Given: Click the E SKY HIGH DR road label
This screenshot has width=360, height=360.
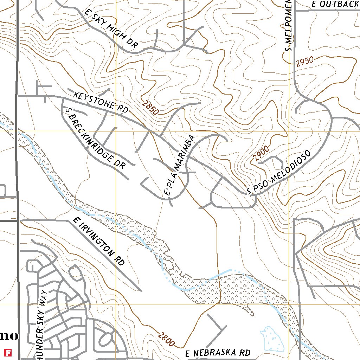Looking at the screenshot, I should (111, 29).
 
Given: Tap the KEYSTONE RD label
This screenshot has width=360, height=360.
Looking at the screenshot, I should (101, 103).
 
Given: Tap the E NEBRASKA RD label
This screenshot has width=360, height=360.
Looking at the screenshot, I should (218, 353).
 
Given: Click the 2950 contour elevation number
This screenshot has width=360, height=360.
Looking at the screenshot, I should (304, 62).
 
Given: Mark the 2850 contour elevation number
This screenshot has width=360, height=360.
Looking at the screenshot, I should (151, 108).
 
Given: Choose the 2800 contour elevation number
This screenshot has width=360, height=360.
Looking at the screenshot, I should (167, 340).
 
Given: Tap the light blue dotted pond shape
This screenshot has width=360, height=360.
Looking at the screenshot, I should (271, 339).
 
